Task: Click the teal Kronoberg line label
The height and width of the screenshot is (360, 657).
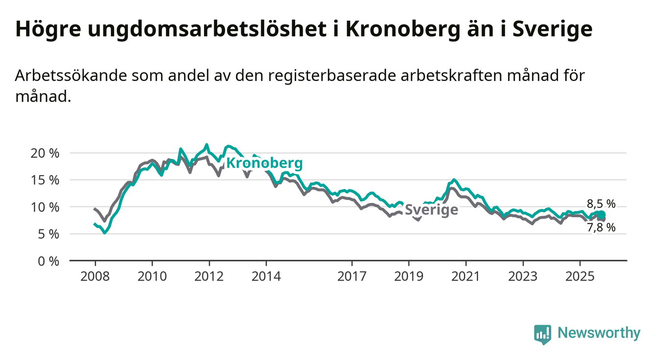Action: pos(264,163)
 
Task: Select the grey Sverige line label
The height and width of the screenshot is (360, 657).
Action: pos(431,210)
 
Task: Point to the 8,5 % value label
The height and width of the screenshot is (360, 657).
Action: pos(601,204)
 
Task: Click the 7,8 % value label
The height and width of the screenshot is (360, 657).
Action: pos(601,227)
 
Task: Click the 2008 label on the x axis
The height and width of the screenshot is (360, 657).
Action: pos(95,277)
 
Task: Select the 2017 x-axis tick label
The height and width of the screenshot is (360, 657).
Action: pos(352,277)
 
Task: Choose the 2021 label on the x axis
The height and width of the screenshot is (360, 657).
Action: pos(465,277)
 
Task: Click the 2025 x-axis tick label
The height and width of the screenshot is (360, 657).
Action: pos(580,277)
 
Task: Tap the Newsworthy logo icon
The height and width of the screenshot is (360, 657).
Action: pos(542,334)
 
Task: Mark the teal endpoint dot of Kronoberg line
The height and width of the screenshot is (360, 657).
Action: pos(601,215)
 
